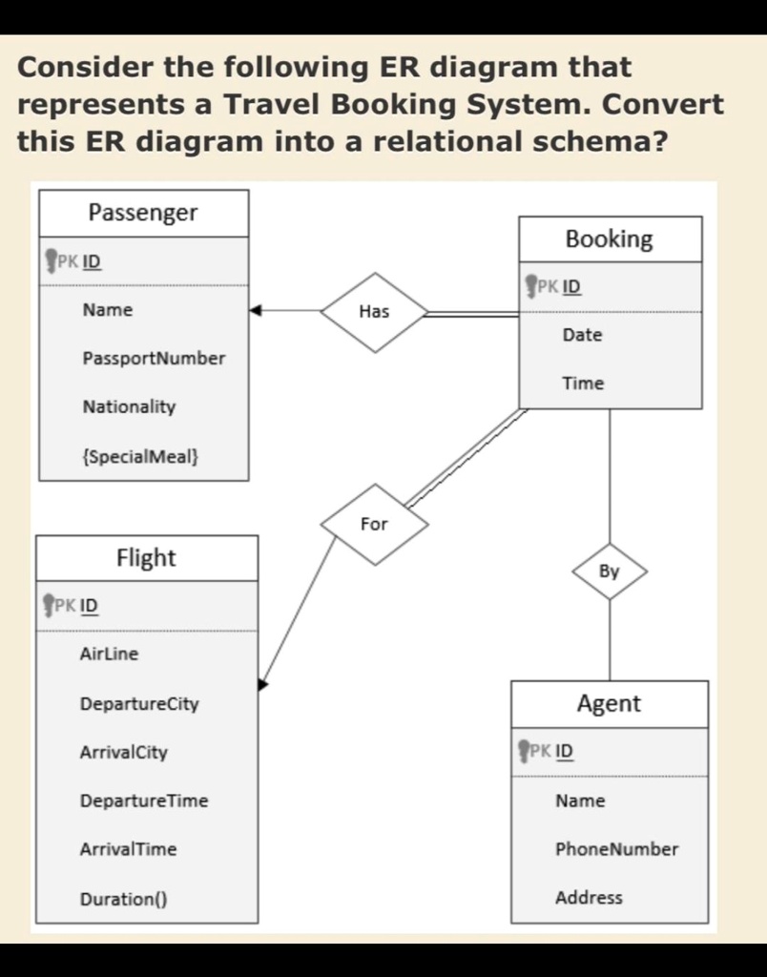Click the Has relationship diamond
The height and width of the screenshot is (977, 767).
pos(374,311)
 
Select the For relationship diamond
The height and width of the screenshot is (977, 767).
pos(374,524)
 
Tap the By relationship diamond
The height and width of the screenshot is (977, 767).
pos(610,572)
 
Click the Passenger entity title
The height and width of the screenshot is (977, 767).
pos(143,213)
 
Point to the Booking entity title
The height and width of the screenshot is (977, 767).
pos(610,239)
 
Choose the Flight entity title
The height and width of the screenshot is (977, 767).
pos(146,558)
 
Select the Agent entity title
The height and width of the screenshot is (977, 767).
pos(609,704)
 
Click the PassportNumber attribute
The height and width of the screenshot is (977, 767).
pos(154,359)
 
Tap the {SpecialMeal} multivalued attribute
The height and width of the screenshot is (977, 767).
pos(140,456)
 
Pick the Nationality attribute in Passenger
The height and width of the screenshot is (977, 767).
pos(129,407)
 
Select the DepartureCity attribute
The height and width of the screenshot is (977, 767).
pos(139,704)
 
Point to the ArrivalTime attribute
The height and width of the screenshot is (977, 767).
pos(128,849)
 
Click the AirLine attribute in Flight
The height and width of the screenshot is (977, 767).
pos(109,655)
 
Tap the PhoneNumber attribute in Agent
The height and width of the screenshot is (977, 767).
pos(616,849)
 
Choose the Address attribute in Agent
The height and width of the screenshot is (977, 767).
pos(589,898)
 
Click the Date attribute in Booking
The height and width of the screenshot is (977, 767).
pos(582,335)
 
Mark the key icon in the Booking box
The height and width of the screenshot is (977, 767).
pos(531,285)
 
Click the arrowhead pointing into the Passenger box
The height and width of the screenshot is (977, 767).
pos(255,310)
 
